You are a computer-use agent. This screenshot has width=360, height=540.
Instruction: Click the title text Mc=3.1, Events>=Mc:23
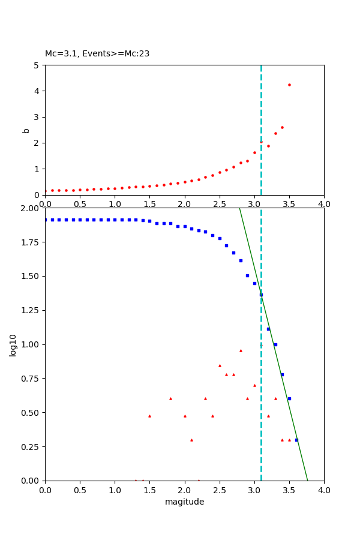point(97,54)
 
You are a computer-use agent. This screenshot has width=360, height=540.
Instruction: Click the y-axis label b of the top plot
point(26,130)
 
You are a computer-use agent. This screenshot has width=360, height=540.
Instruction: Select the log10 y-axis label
point(13,344)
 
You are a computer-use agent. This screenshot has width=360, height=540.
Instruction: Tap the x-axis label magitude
point(184,502)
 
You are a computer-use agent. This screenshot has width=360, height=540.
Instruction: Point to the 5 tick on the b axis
point(37,65)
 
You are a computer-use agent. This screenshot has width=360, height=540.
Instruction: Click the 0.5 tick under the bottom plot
point(80,490)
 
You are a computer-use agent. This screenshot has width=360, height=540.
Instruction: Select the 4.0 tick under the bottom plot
point(324,490)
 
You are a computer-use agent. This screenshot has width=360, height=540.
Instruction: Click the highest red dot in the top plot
point(289,85)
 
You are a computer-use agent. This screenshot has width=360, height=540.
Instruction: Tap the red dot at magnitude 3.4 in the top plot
point(282,127)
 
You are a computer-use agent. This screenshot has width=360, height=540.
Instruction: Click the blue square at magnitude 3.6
point(296,440)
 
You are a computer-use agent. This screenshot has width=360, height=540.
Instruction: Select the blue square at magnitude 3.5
point(289,398)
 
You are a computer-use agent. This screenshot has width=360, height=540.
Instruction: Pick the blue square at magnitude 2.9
point(247,275)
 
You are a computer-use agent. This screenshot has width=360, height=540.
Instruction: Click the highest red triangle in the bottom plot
point(241,350)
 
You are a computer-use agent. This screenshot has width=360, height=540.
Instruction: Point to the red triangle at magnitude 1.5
point(149,416)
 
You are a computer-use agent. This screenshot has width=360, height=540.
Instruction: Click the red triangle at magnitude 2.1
point(191,440)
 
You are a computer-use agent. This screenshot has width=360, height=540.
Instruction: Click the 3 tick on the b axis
point(37,117)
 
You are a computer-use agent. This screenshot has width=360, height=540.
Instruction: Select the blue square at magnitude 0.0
point(45,220)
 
